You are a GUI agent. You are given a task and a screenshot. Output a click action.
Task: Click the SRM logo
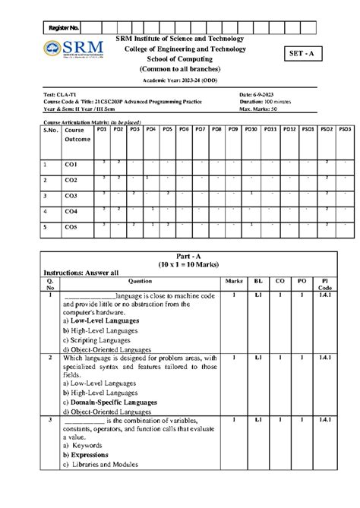(74, 50)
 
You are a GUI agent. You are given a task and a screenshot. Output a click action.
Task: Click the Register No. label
(64, 27)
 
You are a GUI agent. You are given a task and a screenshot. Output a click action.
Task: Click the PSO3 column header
(344, 130)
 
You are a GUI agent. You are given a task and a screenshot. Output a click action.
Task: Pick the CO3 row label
(71, 196)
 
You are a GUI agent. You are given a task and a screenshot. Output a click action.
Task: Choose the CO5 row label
(71, 226)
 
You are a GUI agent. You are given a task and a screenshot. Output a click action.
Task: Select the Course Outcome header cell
(77, 134)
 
